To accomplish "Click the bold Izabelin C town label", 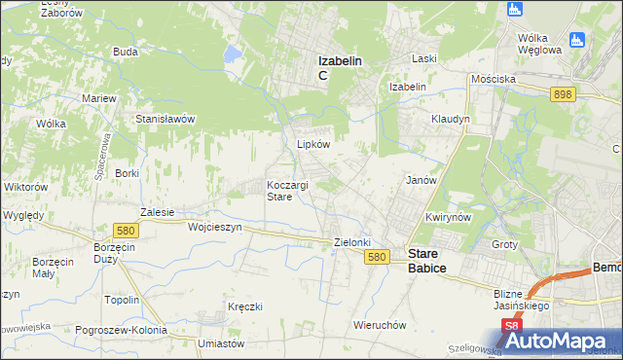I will (x=340, y=66).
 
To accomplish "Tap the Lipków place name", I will (x=313, y=143).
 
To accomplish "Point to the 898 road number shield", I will (x=562, y=93).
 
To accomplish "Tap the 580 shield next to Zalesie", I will (x=124, y=231).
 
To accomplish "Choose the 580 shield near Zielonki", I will (x=379, y=257).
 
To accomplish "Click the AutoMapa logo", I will (x=565, y=342).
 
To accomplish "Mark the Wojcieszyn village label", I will (x=213, y=226).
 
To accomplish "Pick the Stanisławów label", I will (x=166, y=119).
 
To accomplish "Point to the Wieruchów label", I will (x=380, y=325).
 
